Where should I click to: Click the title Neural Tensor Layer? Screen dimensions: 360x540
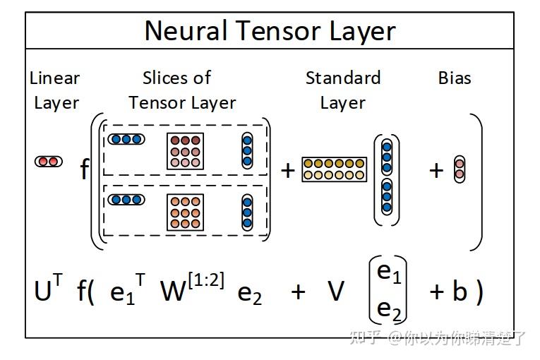pos(270,31)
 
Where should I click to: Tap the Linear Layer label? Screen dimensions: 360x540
pos(56,90)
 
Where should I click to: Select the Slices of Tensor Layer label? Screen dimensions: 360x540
pos(181,90)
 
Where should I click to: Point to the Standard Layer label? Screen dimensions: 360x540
pos(343,90)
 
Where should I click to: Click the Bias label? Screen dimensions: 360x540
pos(455,78)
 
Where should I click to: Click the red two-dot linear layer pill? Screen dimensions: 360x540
pos(48,162)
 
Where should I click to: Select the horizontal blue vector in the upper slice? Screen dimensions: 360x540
pos(126,139)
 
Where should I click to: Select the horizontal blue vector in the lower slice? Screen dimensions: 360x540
pos(126,200)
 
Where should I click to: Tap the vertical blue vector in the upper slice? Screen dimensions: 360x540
pos(247,150)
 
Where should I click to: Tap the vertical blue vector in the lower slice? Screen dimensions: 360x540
pos(247,212)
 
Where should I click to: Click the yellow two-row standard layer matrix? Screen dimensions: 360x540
pos(335,169)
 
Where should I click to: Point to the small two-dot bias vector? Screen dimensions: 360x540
pos(459,169)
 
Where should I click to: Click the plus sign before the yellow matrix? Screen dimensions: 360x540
pos(287,169)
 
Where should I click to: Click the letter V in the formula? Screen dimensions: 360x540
pos(336,291)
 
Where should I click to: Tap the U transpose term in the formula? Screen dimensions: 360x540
pos(48,289)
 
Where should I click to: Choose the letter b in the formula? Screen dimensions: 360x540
pos(460,291)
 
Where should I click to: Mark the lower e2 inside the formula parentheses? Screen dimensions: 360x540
pos(389,309)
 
